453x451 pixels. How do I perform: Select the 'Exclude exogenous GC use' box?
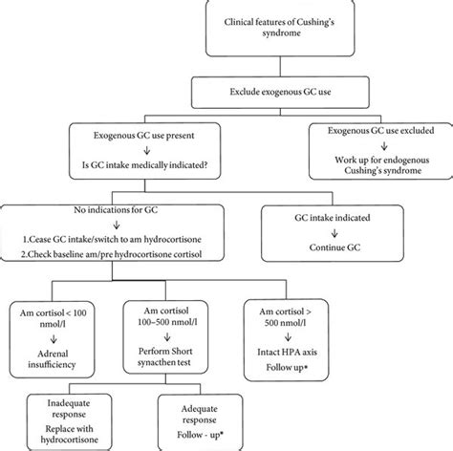[x=280, y=92]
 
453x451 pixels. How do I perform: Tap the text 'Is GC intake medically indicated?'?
[x=145, y=165]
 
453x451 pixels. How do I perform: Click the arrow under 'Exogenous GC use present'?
[x=147, y=150]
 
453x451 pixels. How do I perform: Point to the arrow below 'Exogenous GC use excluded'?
[x=384, y=146]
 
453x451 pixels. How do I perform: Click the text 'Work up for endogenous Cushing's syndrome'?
[x=382, y=165]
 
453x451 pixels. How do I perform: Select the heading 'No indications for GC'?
[x=116, y=210]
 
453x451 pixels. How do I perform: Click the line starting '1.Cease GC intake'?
[x=112, y=239]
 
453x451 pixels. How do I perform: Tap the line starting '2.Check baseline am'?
[x=112, y=254]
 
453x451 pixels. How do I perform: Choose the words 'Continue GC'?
[x=334, y=247]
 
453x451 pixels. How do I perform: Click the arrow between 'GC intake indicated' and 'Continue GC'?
[x=334, y=233]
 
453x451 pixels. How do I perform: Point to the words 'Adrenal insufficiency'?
[x=52, y=359]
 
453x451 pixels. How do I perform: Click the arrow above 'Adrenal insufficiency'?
[x=54, y=339]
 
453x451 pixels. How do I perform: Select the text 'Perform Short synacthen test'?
[x=165, y=356]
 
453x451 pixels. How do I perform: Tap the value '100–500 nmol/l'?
[x=167, y=322]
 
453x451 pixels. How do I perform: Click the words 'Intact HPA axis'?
[x=287, y=352]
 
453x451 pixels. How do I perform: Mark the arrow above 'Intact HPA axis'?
[x=288, y=336]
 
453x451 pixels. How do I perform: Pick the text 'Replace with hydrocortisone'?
[x=69, y=434]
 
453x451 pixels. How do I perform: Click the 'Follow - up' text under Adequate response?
[x=200, y=435]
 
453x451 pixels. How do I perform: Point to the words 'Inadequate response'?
[x=69, y=409]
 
